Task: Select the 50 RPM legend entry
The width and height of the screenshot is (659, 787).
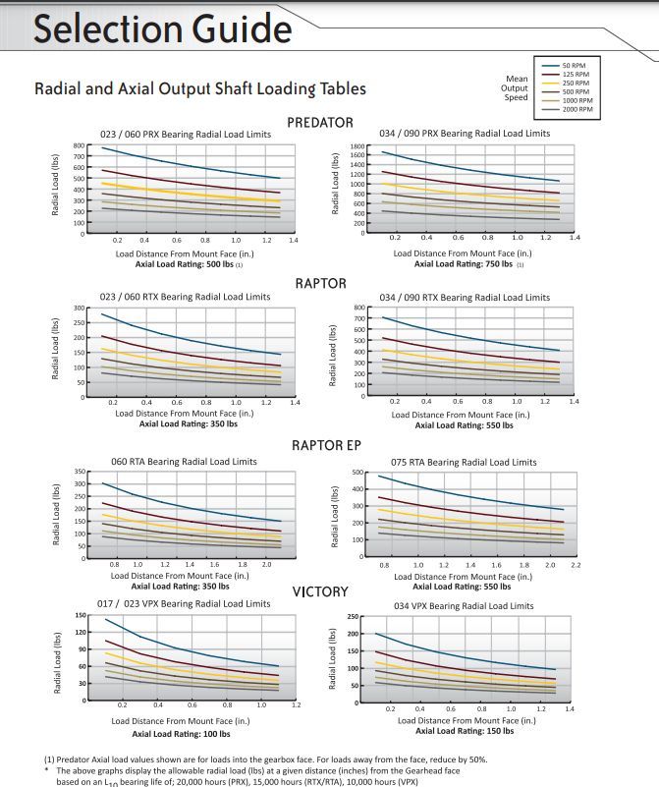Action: pyautogui.click(x=576, y=65)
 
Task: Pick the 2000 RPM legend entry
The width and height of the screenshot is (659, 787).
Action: pyautogui.click(x=577, y=109)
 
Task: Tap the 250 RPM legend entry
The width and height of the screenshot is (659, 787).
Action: pyautogui.click(x=577, y=83)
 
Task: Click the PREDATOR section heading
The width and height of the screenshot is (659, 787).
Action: pyautogui.click(x=320, y=122)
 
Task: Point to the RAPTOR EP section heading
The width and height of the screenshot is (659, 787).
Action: pyautogui.click(x=327, y=445)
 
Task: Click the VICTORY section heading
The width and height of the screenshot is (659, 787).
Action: pyautogui.click(x=320, y=591)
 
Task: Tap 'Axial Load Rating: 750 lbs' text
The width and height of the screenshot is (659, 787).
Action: pyautogui.click(x=464, y=263)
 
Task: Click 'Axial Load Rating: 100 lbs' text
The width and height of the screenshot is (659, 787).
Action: pyautogui.click(x=181, y=734)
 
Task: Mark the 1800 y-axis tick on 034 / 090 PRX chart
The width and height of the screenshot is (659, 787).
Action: pyautogui.click(x=358, y=145)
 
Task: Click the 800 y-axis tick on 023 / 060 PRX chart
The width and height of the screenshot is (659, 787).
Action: pyautogui.click(x=81, y=146)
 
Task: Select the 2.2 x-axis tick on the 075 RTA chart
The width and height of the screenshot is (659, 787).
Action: pyautogui.click(x=576, y=566)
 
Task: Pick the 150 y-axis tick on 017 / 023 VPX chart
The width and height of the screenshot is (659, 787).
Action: pyautogui.click(x=82, y=616)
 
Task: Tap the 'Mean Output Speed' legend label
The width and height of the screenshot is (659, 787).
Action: pyautogui.click(x=516, y=87)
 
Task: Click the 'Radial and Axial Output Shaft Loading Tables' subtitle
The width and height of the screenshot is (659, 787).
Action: pyautogui.click(x=200, y=88)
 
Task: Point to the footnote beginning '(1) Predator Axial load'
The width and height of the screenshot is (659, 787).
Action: pyautogui.click(x=265, y=759)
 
